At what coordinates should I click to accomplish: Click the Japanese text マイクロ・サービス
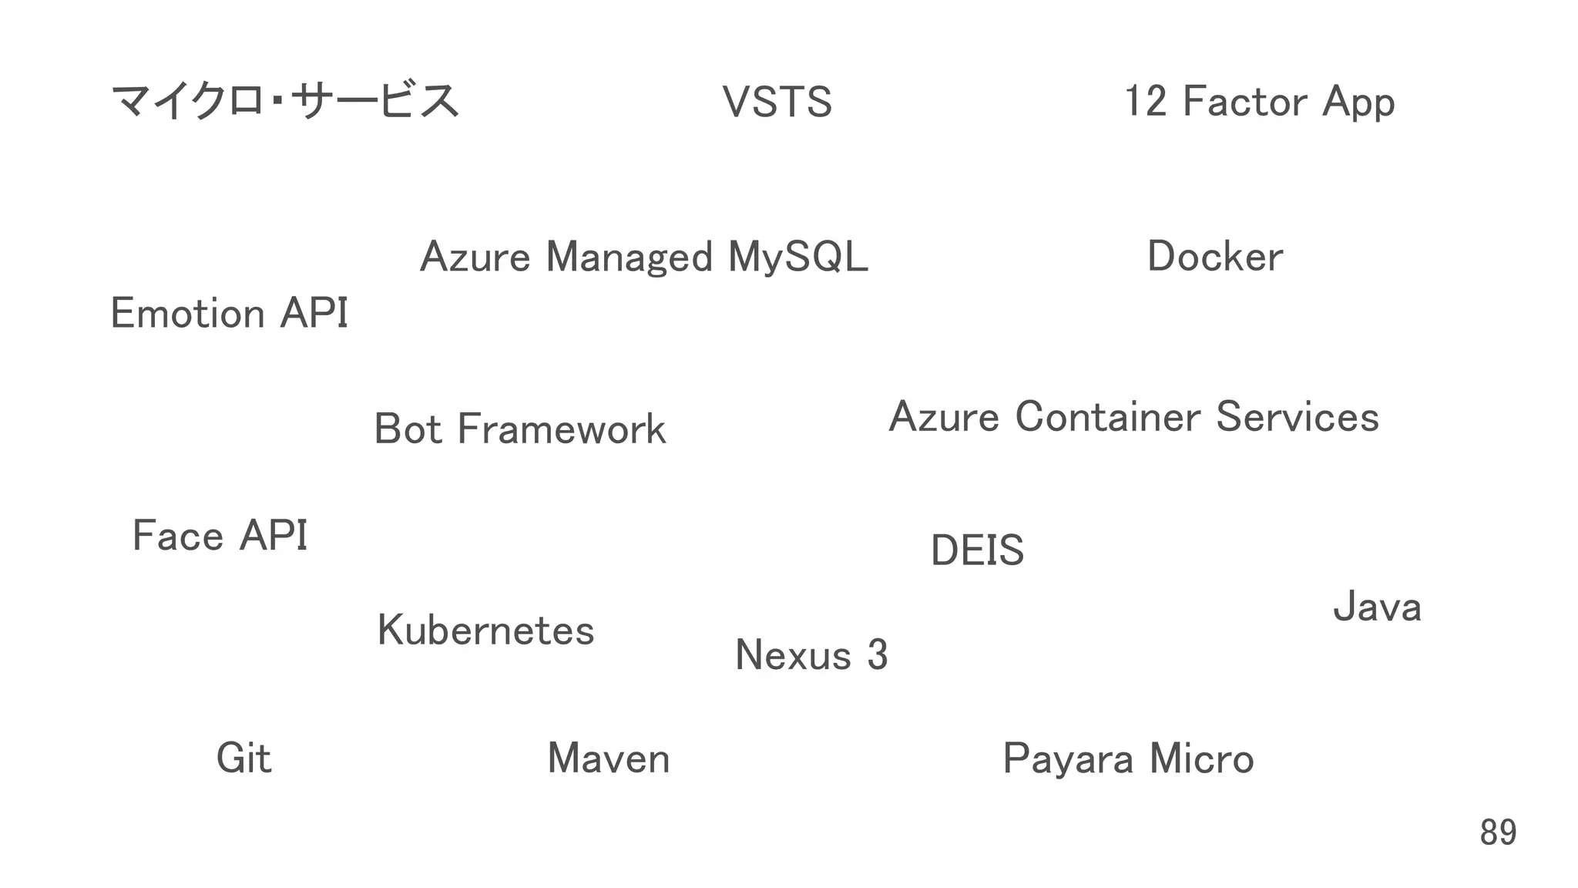tap(284, 102)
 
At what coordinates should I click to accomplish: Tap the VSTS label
tap(777, 103)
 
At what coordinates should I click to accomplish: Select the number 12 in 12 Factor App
tap(1145, 102)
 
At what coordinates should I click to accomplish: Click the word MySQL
tap(797, 257)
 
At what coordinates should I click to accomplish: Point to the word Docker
tap(1215, 257)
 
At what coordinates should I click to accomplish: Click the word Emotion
tap(188, 314)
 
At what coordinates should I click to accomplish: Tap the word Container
tap(1107, 417)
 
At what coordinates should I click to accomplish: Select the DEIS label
tap(977, 550)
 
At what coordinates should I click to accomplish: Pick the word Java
tap(1377, 607)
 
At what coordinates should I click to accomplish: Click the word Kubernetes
tap(485, 631)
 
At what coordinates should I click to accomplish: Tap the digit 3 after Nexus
tap(878, 655)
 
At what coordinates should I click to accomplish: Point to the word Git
tap(243, 758)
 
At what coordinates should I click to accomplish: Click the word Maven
tap(608, 758)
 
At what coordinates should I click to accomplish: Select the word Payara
tap(1069, 759)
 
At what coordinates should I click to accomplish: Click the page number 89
tap(1498, 832)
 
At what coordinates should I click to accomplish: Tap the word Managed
tap(630, 257)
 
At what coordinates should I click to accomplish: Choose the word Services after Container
tap(1298, 417)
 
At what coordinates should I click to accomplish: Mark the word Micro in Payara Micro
tap(1201, 759)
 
